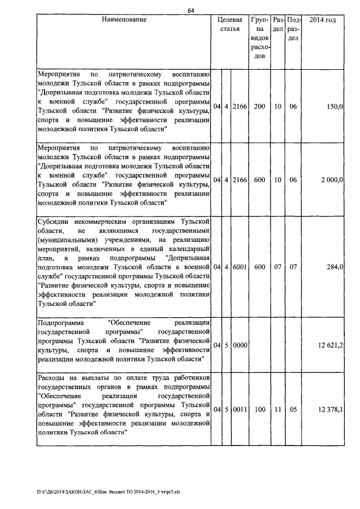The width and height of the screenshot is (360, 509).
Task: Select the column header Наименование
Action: coord(124,20)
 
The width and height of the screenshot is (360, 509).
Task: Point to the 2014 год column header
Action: coord(323,20)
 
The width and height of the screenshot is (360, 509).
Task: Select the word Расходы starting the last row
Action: coord(51,378)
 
